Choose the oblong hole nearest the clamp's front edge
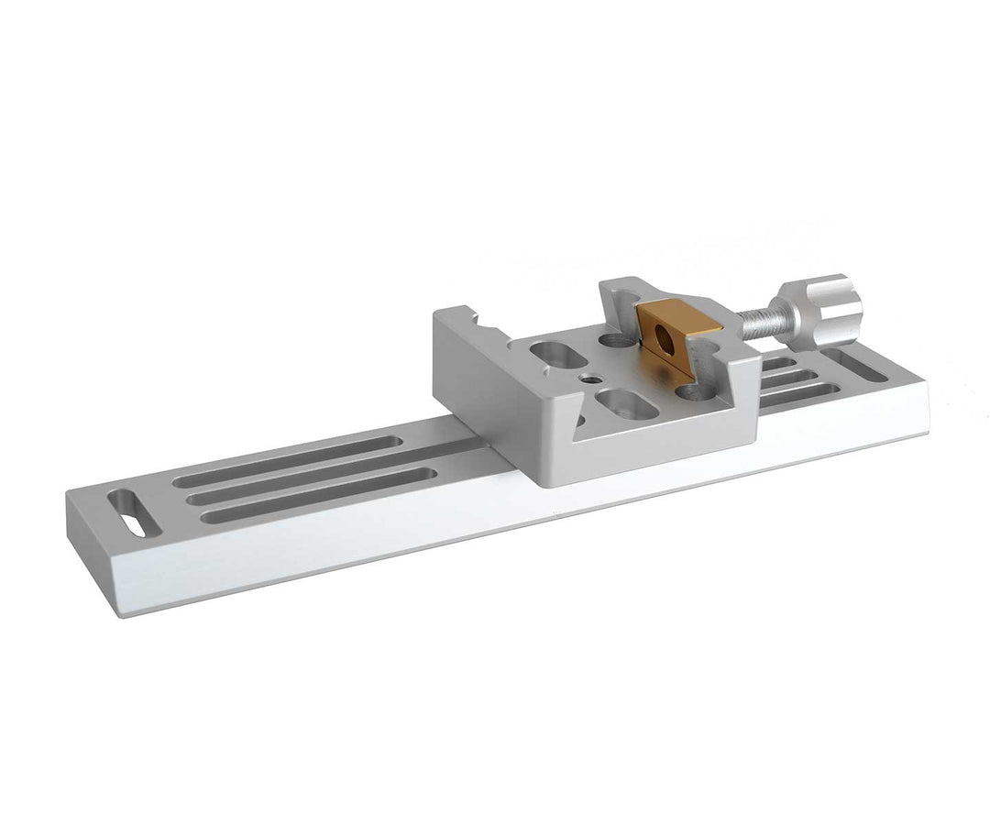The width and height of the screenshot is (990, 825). (626, 403)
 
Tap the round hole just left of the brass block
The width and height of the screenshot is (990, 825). (615, 341)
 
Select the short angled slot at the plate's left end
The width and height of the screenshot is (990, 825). (135, 513)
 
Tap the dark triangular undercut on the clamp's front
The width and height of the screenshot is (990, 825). (577, 423)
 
